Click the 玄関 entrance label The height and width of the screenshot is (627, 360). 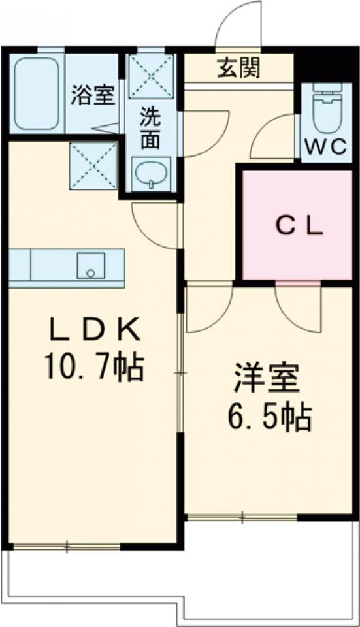[x=238, y=68]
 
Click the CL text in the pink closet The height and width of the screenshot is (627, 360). [x=297, y=226]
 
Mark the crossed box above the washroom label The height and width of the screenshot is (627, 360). [x=152, y=78]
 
